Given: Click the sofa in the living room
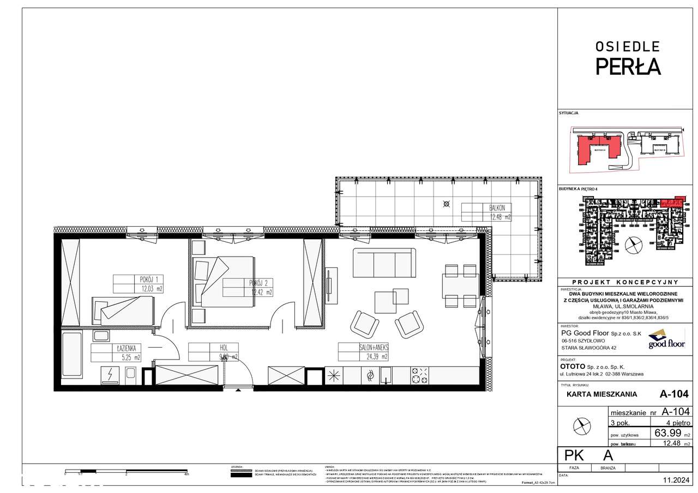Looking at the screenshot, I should pos(382,263).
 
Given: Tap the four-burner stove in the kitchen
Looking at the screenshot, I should pos(419,375).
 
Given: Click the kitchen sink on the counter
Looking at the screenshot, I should pos(386,374).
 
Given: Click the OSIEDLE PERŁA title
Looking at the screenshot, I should pos(627,58).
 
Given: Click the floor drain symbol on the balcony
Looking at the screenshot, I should pos(447,204).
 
